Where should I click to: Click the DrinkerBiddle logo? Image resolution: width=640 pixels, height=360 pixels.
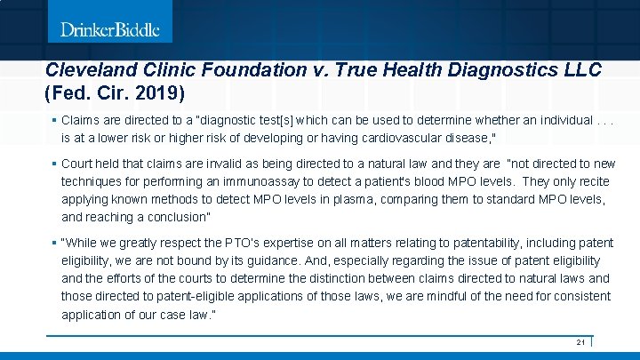110,29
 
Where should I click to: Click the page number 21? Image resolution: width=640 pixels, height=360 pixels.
580,342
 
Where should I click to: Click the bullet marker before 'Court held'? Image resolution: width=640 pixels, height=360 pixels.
54,164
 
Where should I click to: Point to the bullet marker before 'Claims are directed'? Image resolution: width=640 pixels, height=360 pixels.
54,121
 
